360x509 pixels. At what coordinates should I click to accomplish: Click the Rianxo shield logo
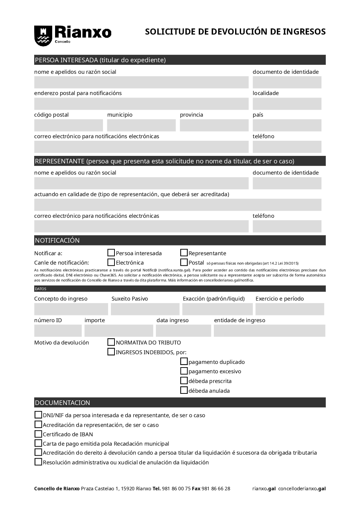tap(42, 36)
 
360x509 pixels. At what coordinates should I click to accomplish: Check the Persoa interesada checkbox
tap(111, 253)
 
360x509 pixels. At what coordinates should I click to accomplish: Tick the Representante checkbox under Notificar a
tap(184, 253)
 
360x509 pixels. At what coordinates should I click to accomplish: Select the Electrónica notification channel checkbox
tap(111, 262)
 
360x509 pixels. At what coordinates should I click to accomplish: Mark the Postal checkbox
tap(184, 262)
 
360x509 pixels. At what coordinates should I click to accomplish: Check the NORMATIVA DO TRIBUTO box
tap(111, 342)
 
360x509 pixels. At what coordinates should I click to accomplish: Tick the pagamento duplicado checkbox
tap(184, 361)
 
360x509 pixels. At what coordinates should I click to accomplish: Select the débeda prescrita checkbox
tap(184, 380)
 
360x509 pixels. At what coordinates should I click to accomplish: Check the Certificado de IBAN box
tap(38, 434)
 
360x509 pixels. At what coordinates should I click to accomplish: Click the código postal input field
tap(68, 125)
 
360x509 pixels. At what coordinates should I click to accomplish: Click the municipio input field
tap(141, 125)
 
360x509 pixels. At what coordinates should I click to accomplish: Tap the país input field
tap(287, 125)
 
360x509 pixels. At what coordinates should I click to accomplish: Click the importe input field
tap(119, 330)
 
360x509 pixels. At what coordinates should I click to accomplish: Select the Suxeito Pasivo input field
tap(145, 309)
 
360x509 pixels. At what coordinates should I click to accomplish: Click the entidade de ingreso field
tap(269, 330)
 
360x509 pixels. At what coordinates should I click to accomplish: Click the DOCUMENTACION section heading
tap(63, 402)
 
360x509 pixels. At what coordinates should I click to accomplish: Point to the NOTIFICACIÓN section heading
tap(57, 240)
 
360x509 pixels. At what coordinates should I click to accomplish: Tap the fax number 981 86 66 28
tap(216, 488)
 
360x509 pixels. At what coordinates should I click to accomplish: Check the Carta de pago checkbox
tap(38, 443)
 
